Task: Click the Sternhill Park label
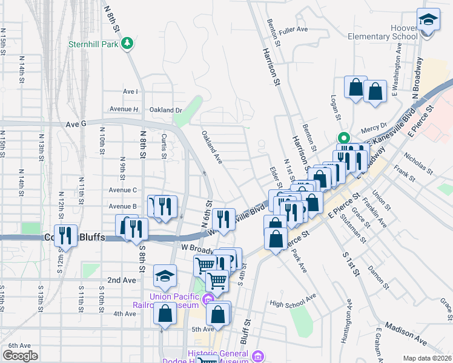coord(93,44)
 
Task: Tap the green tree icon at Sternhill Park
coord(127,44)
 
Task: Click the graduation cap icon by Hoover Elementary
coord(428,21)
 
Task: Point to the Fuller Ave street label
coord(294,29)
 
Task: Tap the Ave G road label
coord(76,123)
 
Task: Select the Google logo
coord(20,356)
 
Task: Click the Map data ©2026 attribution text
coord(427,358)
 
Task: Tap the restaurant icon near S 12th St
coord(65,235)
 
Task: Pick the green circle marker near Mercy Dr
coord(343,137)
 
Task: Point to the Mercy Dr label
coord(374,128)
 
